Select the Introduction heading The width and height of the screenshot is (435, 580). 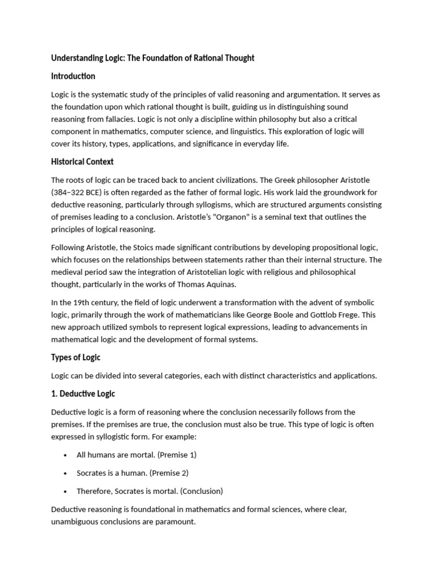(x=73, y=76)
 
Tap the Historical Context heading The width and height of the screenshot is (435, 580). (x=82, y=161)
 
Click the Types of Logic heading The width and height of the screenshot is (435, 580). (x=75, y=357)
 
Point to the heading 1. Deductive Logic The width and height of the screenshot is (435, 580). (x=83, y=394)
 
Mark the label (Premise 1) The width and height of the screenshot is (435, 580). (x=177, y=454)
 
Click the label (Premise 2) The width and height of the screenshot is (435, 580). (x=169, y=472)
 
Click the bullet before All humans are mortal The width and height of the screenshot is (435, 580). (x=66, y=455)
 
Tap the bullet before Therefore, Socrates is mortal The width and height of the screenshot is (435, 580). (x=66, y=491)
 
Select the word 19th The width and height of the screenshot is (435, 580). (x=82, y=302)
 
